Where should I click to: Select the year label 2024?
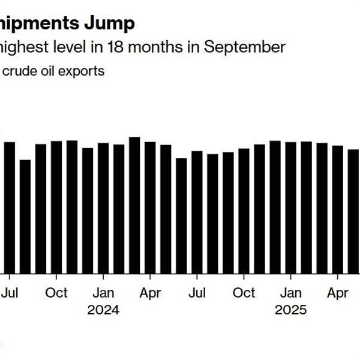[x=103, y=310]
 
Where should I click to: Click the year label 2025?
[x=291, y=310]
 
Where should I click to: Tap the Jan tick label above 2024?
[x=103, y=293]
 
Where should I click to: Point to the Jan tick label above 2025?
[x=291, y=293]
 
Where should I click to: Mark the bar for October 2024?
[x=244, y=211]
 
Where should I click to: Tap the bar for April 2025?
[x=338, y=209]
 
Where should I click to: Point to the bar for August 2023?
[x=25, y=217]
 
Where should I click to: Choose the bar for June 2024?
[x=181, y=216]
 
